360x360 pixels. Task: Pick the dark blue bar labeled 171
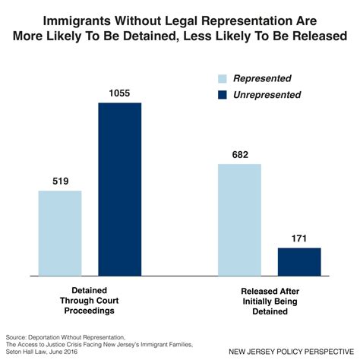coord(298,261)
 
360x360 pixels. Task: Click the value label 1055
coord(120,93)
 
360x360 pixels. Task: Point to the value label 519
coord(60,181)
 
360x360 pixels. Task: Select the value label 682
coord(239,154)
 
